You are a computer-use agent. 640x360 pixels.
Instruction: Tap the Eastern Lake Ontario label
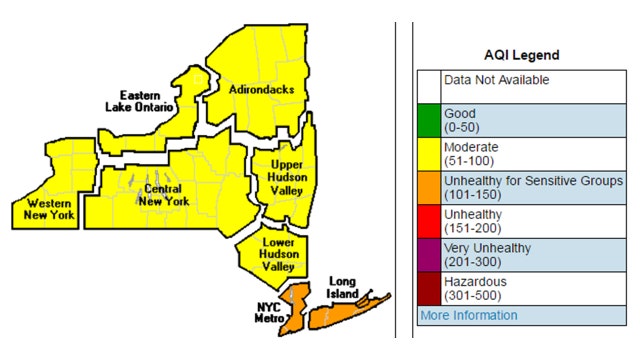(141, 100)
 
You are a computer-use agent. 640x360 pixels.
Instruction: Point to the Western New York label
(42, 208)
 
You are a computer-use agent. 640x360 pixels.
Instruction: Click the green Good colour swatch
(429, 120)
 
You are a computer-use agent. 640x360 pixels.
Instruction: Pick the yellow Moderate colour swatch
(429, 154)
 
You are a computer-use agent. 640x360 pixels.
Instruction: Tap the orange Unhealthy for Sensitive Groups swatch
(429, 188)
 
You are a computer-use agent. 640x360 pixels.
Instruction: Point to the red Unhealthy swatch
(429, 222)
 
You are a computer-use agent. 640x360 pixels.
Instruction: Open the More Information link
(468, 316)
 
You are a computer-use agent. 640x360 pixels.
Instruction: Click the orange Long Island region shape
(340, 314)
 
